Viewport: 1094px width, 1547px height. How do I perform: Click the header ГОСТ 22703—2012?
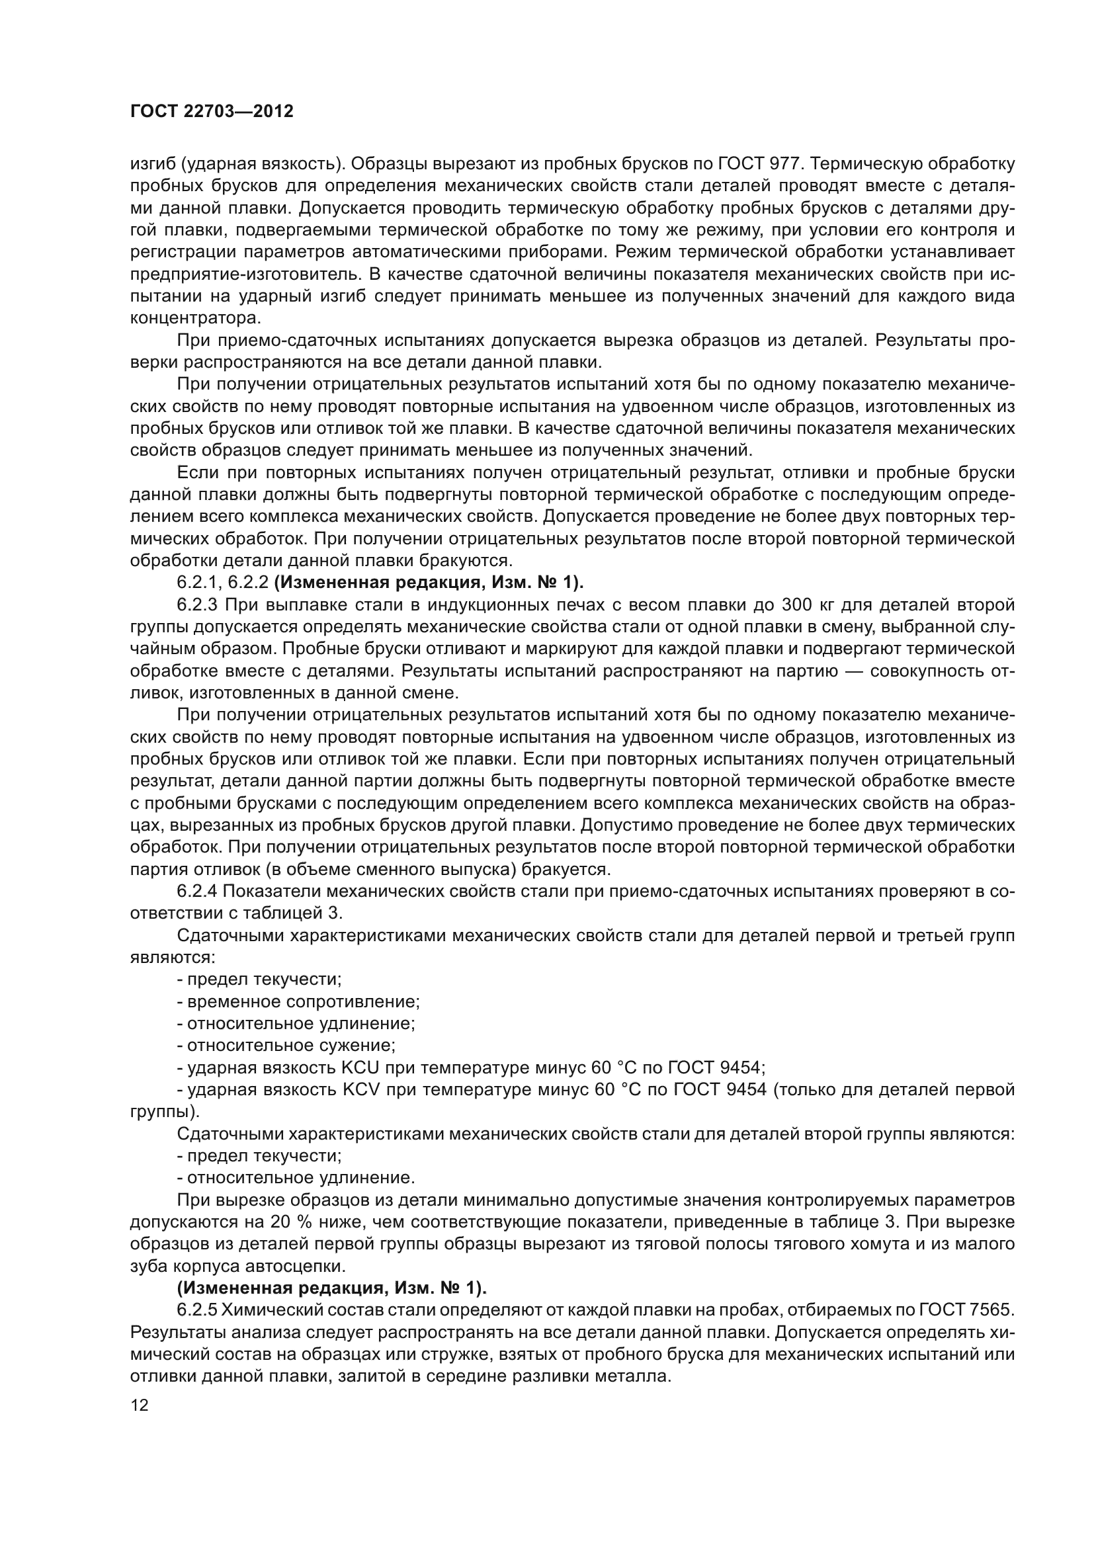pyautogui.click(x=212, y=112)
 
